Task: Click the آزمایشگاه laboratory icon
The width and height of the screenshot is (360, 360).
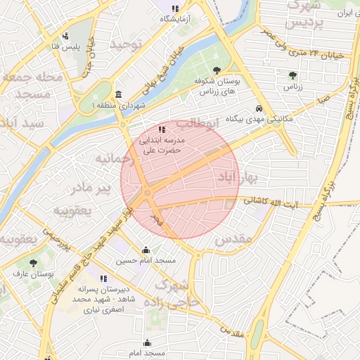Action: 175,9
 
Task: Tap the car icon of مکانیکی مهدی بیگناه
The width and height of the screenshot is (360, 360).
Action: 259,109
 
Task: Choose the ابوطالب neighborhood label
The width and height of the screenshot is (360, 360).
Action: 192,124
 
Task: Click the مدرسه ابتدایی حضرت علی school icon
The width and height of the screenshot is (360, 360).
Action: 162,129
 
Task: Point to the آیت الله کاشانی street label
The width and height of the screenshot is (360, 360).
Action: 271,202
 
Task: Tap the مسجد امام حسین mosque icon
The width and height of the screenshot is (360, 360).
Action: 146,250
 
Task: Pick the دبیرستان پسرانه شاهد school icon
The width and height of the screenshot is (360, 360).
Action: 103,279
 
